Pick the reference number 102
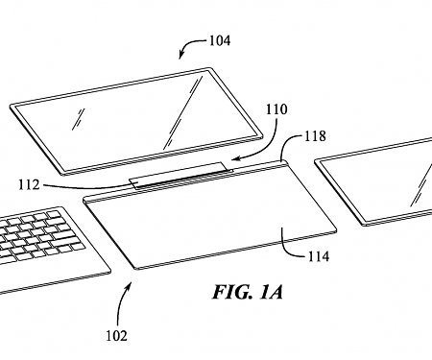click(x=116, y=336)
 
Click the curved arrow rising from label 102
click(x=123, y=302)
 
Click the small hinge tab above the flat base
click(x=182, y=177)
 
